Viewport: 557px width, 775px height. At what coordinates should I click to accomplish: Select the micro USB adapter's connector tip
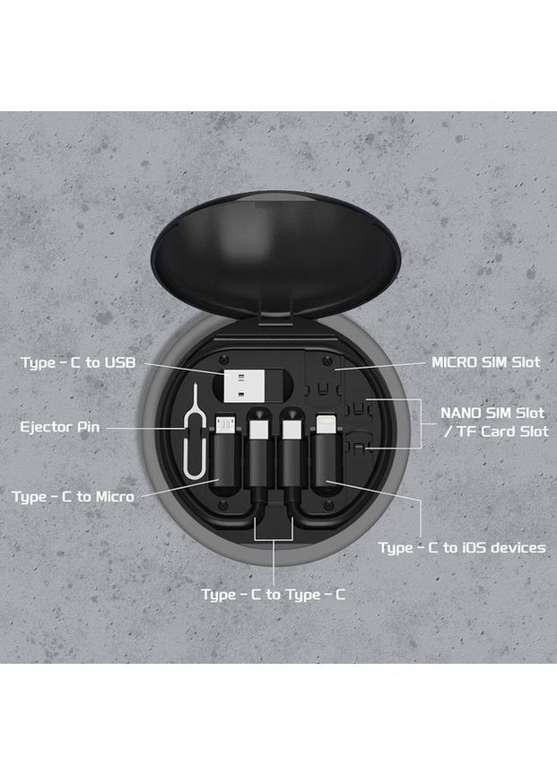[x=230, y=422]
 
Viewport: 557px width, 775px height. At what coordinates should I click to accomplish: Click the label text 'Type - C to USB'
[x=80, y=363]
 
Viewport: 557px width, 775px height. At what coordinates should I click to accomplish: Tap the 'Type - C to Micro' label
[x=74, y=496]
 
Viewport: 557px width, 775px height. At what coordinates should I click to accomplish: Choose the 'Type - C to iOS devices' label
[x=467, y=547]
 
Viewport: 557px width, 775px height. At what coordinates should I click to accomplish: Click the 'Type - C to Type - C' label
[x=274, y=595]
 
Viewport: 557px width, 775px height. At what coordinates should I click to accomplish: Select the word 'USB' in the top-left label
[x=120, y=363]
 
